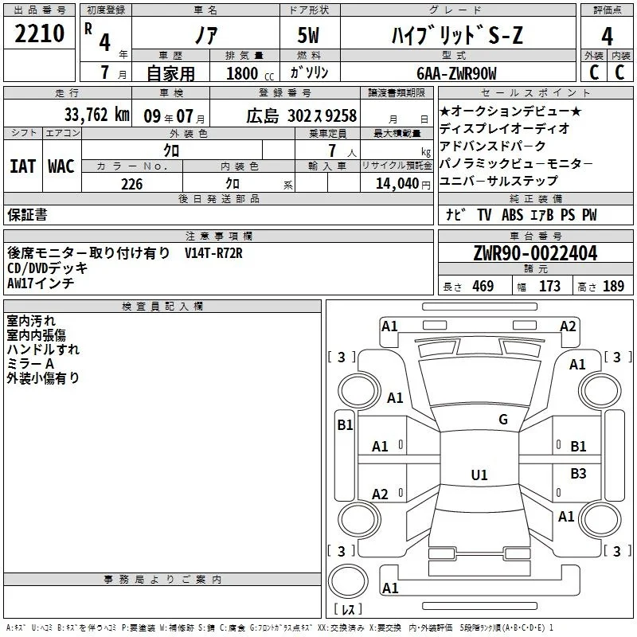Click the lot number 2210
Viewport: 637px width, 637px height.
[x=39, y=33]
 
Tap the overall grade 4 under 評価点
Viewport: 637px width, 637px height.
[x=607, y=37]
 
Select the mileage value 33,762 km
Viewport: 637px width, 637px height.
[x=96, y=115]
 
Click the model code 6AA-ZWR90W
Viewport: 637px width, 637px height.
[x=456, y=73]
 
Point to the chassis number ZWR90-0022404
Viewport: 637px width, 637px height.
[x=535, y=253]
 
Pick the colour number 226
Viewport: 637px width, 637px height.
[x=132, y=184]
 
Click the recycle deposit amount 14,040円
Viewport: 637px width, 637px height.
[x=403, y=184]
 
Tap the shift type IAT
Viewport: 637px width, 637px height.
[x=23, y=166]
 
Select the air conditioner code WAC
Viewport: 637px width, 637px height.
[x=61, y=166]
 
